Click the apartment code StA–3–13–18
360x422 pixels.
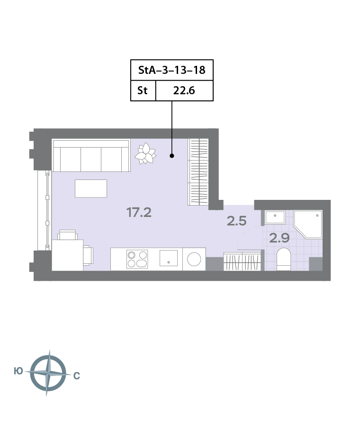[172, 70]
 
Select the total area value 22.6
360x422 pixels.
[184, 90]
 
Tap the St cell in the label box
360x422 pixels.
[143, 90]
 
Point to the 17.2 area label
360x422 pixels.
[139, 213]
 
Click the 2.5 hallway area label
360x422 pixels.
[237, 221]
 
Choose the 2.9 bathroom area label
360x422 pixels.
[279, 238]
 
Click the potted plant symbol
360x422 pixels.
[145, 153]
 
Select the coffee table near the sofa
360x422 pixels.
[91, 189]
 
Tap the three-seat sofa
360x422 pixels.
[91, 155]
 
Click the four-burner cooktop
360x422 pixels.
[137, 259]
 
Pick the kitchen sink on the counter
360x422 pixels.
[169, 258]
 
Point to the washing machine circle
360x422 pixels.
[194, 260]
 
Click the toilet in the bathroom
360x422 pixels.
[284, 259]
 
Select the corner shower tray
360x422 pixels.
[308, 224]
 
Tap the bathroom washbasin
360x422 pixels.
[275, 217]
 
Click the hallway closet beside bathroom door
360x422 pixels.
[243, 261]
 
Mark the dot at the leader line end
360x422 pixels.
[172, 155]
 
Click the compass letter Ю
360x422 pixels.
[18, 371]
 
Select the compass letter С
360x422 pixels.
[77, 376]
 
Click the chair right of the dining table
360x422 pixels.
[88, 255]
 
